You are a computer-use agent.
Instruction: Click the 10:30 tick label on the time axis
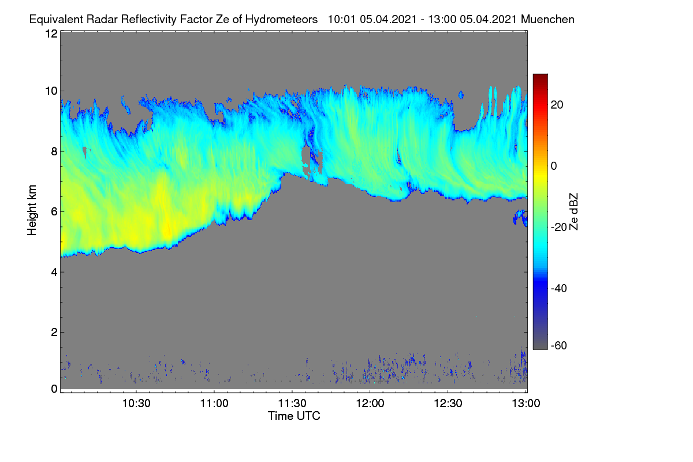point(136,404)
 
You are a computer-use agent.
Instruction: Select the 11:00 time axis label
point(214,404)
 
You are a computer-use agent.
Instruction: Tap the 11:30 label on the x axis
point(292,404)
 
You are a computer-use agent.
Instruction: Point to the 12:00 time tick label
point(370,404)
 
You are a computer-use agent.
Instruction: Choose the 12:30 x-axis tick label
point(448,404)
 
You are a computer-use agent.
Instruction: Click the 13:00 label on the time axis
point(526,404)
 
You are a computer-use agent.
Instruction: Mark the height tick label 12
point(51,33)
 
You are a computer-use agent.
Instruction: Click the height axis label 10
point(51,91)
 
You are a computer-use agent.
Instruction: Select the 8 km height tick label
point(54,152)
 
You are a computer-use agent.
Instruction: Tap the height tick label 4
point(54,273)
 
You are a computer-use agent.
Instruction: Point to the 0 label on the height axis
point(54,389)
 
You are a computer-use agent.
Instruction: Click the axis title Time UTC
point(294,416)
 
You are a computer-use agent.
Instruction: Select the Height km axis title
point(32,210)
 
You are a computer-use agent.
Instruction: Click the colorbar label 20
point(557,105)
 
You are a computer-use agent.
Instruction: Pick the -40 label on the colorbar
point(559,288)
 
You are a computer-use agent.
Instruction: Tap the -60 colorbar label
point(559,346)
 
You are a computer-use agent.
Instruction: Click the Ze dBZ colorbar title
point(573,212)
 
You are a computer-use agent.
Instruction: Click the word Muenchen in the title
point(547,20)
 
